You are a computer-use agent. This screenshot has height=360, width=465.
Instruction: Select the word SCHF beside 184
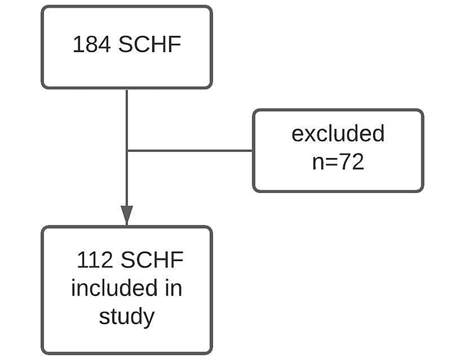[150, 45]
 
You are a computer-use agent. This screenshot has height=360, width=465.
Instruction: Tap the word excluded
[338, 134]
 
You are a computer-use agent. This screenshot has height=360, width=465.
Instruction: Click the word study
[126, 317]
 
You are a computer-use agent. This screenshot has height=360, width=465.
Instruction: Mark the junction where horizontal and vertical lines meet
[127, 151]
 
